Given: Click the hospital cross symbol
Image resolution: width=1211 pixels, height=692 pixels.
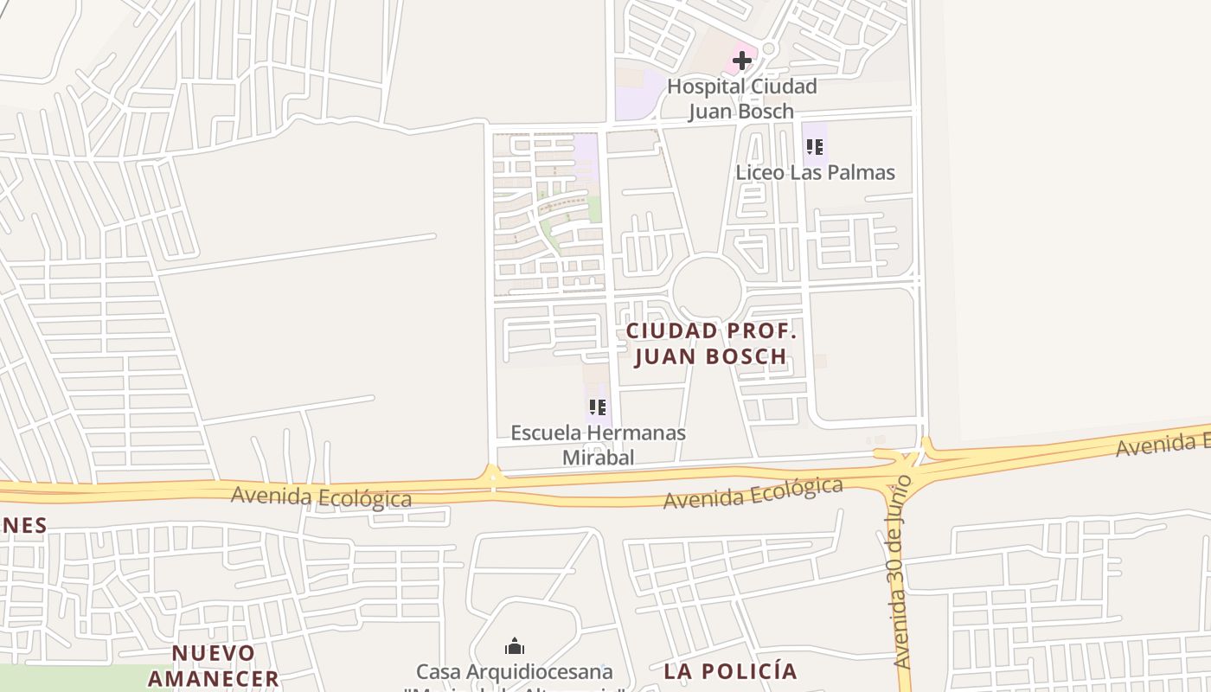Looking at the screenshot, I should [x=741, y=61].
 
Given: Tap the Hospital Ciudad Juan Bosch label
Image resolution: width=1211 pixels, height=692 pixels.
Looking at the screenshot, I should [x=741, y=99].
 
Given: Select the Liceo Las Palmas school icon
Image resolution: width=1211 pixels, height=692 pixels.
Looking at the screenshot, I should [x=813, y=147].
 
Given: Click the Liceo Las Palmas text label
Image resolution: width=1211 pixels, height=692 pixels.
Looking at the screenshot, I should [x=815, y=172].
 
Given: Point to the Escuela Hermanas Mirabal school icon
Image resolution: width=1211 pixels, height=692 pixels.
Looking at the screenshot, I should [x=597, y=407].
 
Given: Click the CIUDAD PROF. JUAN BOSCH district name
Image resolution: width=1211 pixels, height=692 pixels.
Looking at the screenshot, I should [x=710, y=343].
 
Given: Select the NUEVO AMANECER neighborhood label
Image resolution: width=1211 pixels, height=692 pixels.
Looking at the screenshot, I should [x=214, y=665].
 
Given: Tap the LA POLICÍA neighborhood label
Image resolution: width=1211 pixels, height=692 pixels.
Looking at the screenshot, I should [x=730, y=671].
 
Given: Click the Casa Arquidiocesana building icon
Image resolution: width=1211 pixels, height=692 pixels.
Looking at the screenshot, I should [x=515, y=647].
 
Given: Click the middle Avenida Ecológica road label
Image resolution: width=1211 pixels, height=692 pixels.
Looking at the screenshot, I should [x=753, y=492].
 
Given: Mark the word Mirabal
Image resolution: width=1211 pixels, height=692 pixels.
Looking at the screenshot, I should [x=598, y=458].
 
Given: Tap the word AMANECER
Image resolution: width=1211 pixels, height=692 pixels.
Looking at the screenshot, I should [x=214, y=678].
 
